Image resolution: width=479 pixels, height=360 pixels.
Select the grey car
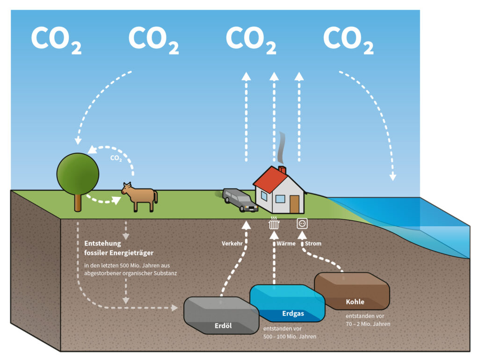[239, 200]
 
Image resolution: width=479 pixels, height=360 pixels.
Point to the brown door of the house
[294, 204]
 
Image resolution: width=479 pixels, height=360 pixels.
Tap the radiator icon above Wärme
[274, 223]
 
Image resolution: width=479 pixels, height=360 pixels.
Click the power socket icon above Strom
[302, 224]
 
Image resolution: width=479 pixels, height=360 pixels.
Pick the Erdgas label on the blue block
[293, 313]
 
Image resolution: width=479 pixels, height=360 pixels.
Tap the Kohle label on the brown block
[355, 302]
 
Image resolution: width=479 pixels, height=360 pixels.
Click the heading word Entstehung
[102, 244]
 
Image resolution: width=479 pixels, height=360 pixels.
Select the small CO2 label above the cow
[116, 158]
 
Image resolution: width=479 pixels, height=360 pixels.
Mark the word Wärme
[286, 244]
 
